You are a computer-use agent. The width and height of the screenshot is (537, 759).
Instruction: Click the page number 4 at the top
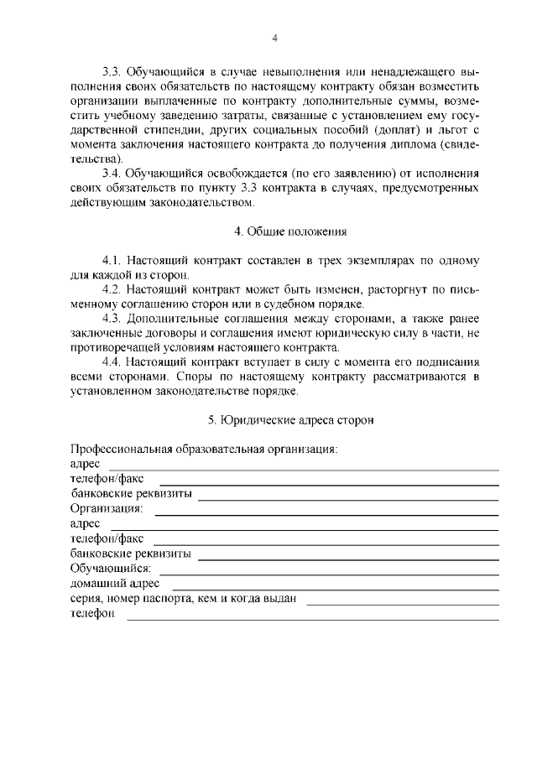274,39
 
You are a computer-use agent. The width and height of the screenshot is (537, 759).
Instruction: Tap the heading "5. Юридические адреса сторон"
290,418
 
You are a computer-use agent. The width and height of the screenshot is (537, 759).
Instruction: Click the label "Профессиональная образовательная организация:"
204,449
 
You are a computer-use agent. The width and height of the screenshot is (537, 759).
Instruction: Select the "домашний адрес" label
116,583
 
